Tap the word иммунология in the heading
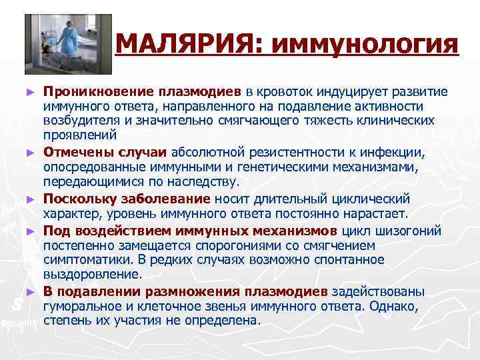[365, 45]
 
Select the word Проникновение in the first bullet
[89, 91]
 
